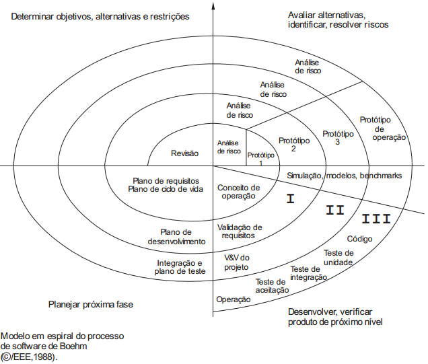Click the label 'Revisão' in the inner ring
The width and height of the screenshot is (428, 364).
[185, 153]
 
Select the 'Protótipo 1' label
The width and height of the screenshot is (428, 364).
[260, 158]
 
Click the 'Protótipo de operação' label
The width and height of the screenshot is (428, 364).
[389, 128]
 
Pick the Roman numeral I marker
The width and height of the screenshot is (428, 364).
[291, 198]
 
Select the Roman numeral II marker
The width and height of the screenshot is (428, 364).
[335, 210]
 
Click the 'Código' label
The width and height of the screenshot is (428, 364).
[359, 238]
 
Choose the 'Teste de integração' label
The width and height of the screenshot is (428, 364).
[309, 273]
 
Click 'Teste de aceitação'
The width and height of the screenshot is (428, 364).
[272, 286]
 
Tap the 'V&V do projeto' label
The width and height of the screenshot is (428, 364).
[236, 262]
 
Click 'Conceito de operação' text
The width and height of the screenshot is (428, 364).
[239, 191]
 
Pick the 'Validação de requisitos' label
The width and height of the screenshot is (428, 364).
[240, 231]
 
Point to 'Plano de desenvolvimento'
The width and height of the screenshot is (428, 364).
[178, 236]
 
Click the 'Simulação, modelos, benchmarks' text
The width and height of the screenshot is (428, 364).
[345, 175]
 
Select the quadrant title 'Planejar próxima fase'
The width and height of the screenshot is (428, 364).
[91, 304]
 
